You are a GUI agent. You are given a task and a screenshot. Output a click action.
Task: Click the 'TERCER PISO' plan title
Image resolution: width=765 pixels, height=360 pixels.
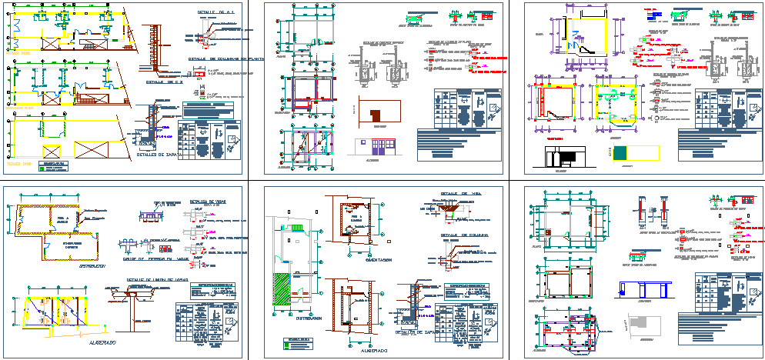18,164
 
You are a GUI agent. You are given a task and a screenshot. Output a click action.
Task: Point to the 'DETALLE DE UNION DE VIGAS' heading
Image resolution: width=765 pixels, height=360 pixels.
157,279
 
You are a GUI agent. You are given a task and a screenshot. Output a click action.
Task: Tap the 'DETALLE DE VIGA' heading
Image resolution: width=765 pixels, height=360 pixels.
459,194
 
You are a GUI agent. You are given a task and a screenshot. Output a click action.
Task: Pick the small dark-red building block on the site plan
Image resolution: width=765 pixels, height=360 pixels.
376,116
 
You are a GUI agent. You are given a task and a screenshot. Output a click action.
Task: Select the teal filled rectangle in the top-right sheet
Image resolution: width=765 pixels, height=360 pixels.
622,153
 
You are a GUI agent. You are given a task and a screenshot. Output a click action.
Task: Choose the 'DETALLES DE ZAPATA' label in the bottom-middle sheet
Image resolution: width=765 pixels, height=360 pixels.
421,332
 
